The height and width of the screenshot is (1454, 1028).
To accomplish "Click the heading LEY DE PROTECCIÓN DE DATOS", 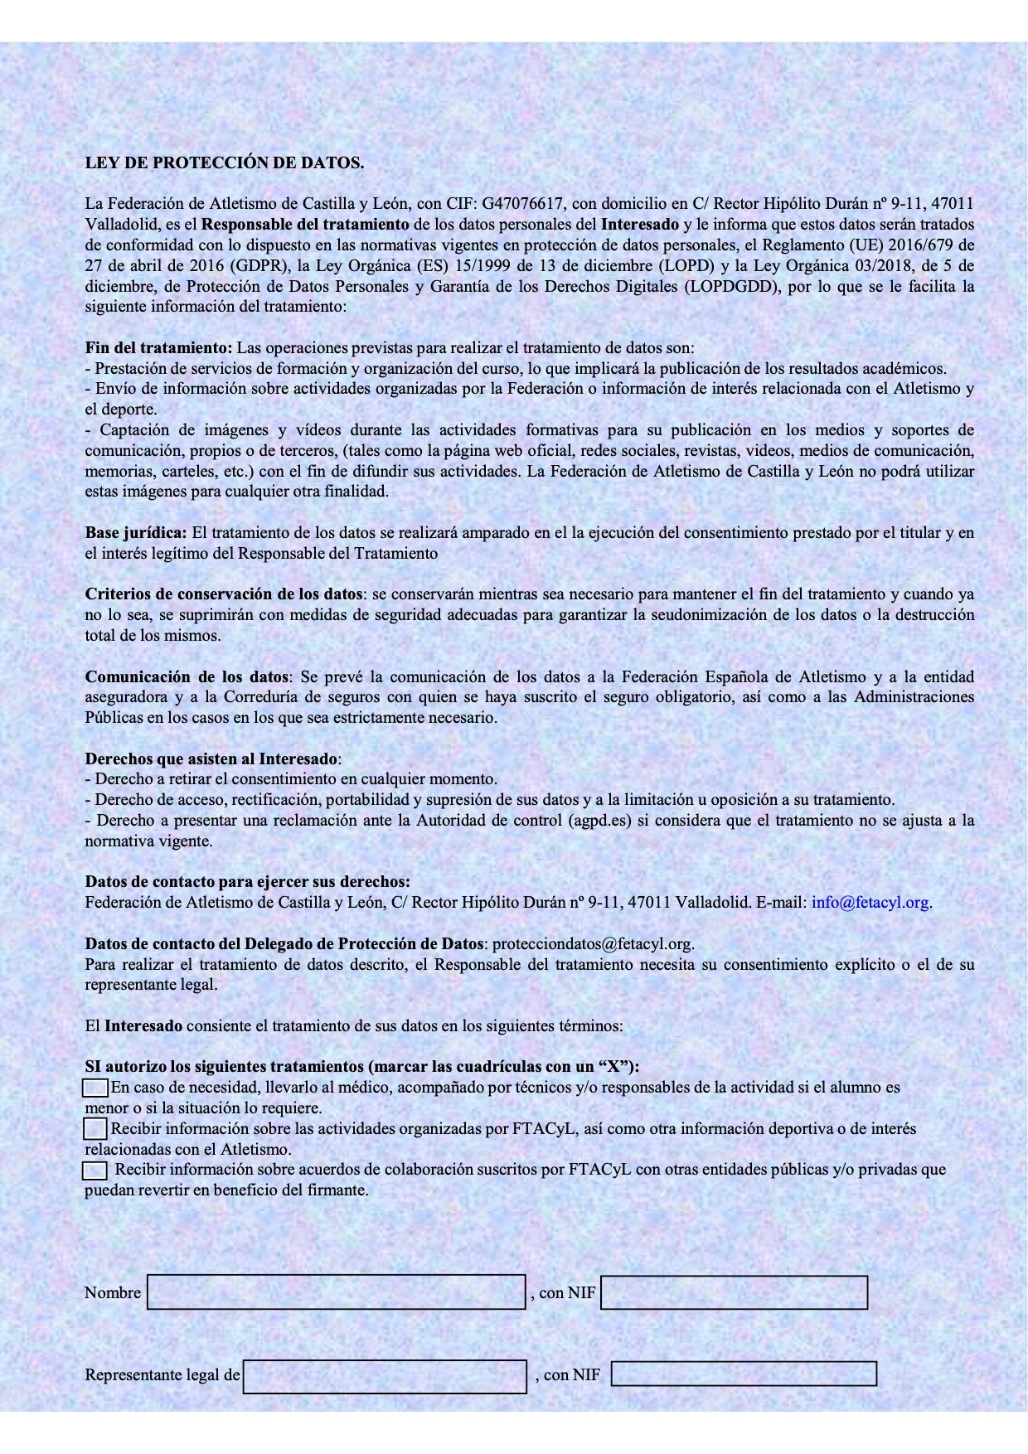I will (x=225, y=162).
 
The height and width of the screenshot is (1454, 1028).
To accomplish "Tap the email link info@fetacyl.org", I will (x=870, y=902).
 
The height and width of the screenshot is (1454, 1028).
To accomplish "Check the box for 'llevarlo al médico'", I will (x=96, y=1087).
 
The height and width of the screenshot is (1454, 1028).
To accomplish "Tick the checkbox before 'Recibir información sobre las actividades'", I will (x=96, y=1128).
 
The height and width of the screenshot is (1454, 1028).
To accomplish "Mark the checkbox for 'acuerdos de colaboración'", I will (x=95, y=1170).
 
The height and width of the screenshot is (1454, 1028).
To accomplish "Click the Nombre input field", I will (x=337, y=1292).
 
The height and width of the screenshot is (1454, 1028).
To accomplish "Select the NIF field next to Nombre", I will (x=734, y=1292).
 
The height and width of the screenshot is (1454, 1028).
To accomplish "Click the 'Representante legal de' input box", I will (x=385, y=1376).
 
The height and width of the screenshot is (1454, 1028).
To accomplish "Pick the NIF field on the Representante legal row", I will (x=744, y=1374).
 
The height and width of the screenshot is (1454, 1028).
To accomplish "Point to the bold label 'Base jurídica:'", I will (x=136, y=533).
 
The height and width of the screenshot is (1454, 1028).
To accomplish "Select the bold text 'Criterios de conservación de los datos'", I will (x=224, y=594).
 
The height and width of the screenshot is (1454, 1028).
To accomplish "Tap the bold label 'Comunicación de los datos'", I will (x=187, y=676).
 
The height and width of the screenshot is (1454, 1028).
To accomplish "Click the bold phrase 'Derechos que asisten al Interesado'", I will (x=211, y=759).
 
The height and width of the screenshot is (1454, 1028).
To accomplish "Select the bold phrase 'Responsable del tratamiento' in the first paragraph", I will (x=305, y=224).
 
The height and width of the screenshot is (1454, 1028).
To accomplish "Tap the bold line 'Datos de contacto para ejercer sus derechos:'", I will (x=247, y=881).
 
